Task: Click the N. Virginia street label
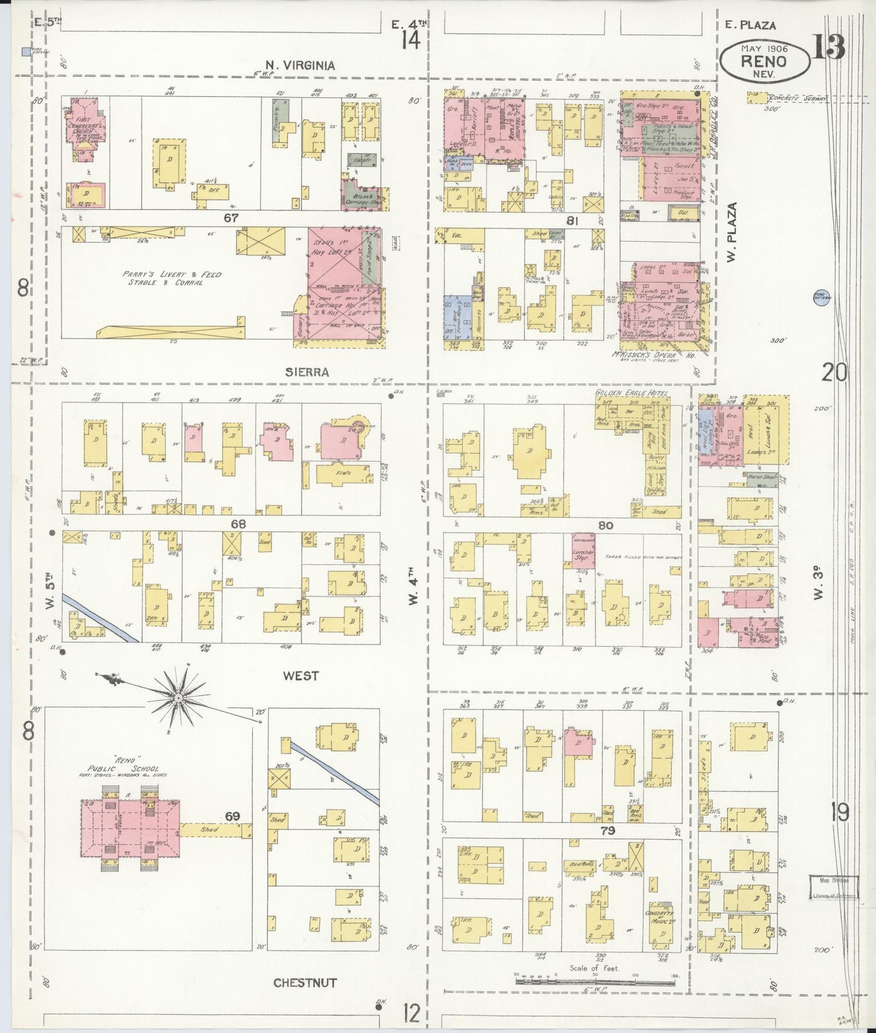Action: coord(300,65)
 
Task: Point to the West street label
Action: coord(301,676)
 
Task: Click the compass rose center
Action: coord(179,698)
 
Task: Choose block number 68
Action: coord(239,524)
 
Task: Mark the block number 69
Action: coord(233,817)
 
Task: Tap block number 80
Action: coord(605,526)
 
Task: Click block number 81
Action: coord(571,221)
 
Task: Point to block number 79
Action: coord(607,831)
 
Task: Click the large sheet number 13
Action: coord(828,47)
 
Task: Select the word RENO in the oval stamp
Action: coord(764,61)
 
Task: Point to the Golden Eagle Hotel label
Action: coord(631,393)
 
